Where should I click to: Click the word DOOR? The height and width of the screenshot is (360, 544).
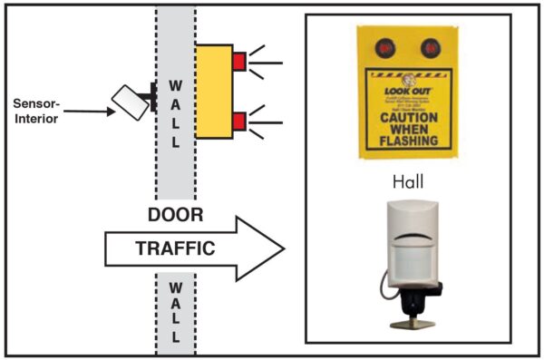(x=175, y=216)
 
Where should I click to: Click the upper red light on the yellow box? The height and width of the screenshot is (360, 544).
(x=240, y=62)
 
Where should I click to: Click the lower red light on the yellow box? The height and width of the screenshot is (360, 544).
(x=240, y=120)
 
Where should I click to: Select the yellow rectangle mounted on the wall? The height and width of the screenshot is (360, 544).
(x=214, y=91)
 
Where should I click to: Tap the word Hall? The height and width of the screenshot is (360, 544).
(x=407, y=182)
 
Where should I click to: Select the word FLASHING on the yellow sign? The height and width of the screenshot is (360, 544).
(x=409, y=141)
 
